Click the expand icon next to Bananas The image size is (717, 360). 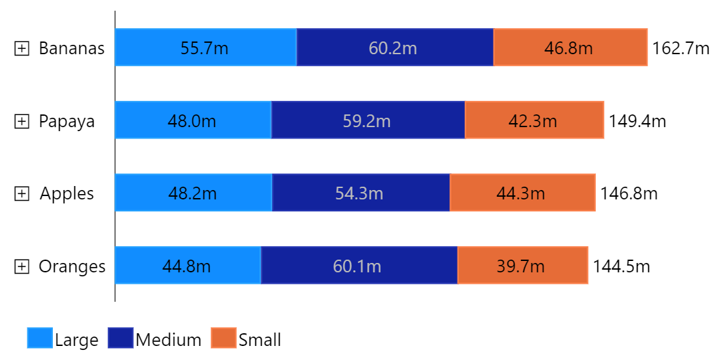(22, 48)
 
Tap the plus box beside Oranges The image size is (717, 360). (22, 266)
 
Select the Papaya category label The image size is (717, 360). (66, 121)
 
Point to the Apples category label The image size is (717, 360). (67, 193)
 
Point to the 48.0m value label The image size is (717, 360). (192, 121)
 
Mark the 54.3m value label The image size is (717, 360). (359, 193)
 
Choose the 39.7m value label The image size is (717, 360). (521, 266)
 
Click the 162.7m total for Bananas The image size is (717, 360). (681, 48)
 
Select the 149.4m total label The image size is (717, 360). (637, 121)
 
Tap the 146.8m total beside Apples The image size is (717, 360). (629, 193)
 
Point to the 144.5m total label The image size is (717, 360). (621, 266)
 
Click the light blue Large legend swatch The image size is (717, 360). (39, 338)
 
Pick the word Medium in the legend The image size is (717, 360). (169, 340)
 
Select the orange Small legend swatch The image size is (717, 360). (223, 338)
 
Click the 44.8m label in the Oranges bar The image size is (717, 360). (187, 266)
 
